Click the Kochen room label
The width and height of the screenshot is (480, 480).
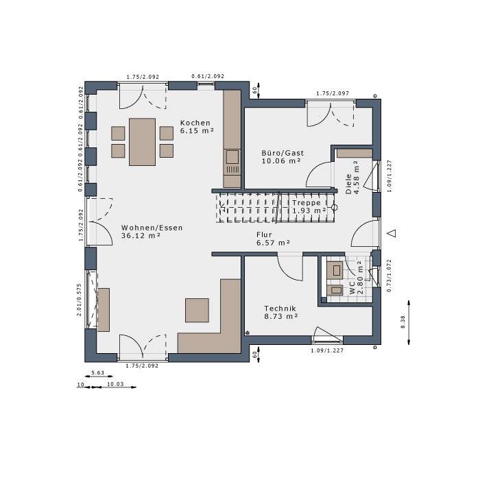(x=195, y=122)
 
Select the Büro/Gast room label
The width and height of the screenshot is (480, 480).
(x=283, y=153)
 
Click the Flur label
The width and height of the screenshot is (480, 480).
(x=265, y=235)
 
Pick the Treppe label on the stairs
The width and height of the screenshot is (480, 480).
(x=306, y=203)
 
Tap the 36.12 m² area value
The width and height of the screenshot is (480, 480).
(x=141, y=235)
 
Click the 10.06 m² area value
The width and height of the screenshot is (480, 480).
(x=282, y=161)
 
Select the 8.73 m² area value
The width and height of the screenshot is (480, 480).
(x=280, y=317)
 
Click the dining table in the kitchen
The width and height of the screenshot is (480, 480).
(x=142, y=141)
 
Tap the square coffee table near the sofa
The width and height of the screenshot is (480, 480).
(x=197, y=310)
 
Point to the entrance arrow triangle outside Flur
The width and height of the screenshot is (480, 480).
(x=392, y=233)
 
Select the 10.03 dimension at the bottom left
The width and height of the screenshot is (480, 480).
(x=115, y=385)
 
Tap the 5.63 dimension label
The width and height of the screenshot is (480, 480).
(x=97, y=374)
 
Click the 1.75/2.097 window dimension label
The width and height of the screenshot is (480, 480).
(x=333, y=93)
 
